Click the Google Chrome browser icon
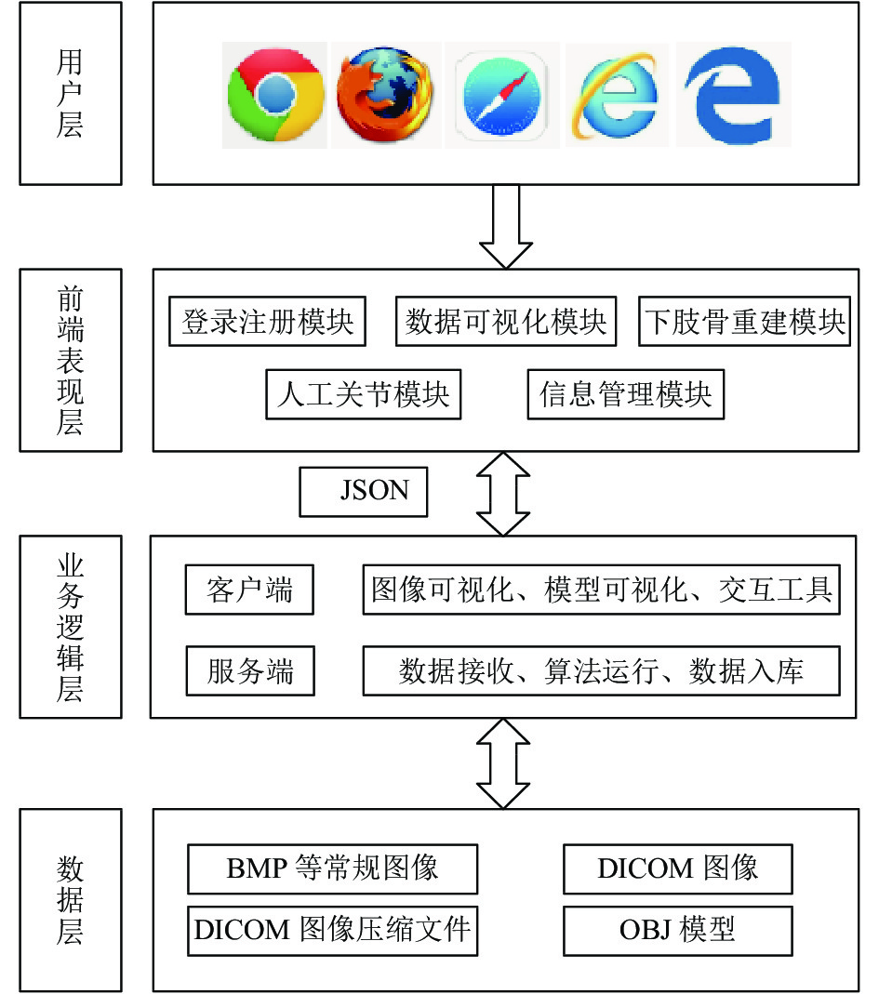click(x=275, y=95)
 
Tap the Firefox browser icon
click(x=385, y=94)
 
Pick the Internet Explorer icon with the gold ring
click(x=615, y=95)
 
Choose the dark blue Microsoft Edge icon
click(x=732, y=95)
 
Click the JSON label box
click(x=364, y=492)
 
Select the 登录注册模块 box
click(x=267, y=322)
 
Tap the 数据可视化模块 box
click(x=505, y=322)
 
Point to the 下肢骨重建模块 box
click(x=744, y=322)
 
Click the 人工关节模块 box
click(x=364, y=394)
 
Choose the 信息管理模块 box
click(x=625, y=394)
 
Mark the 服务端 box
click(x=250, y=671)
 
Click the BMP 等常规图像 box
click(x=332, y=869)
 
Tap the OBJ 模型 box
click(x=678, y=931)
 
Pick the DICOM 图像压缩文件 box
click(x=332, y=931)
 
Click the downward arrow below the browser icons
click(x=505, y=226)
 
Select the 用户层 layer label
click(x=71, y=93)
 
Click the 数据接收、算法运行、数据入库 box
click(x=601, y=671)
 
